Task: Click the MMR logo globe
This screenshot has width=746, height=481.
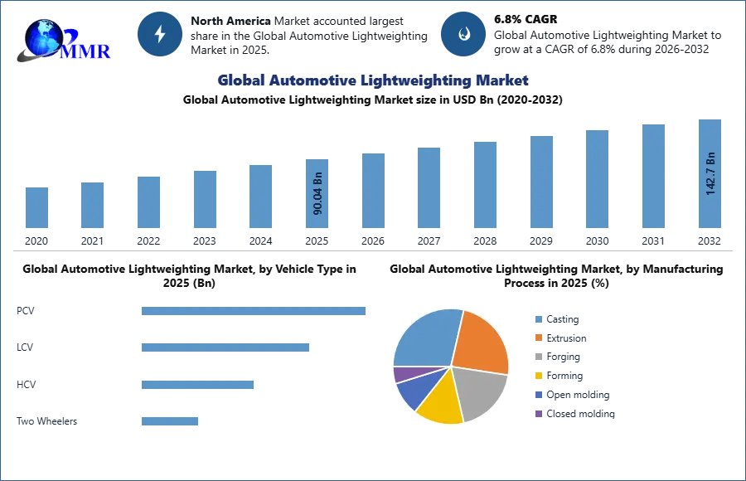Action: (x=43, y=37)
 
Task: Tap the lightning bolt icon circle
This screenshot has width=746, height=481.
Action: (x=160, y=34)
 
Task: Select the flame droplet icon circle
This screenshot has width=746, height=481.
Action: (x=463, y=34)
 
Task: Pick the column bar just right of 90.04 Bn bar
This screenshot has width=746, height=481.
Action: (x=371, y=192)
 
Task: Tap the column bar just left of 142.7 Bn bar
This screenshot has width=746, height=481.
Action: (x=653, y=177)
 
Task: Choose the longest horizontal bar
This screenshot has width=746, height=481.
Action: (x=254, y=312)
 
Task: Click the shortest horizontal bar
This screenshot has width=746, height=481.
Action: (x=169, y=421)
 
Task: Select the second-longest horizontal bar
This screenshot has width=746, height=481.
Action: (x=225, y=345)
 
